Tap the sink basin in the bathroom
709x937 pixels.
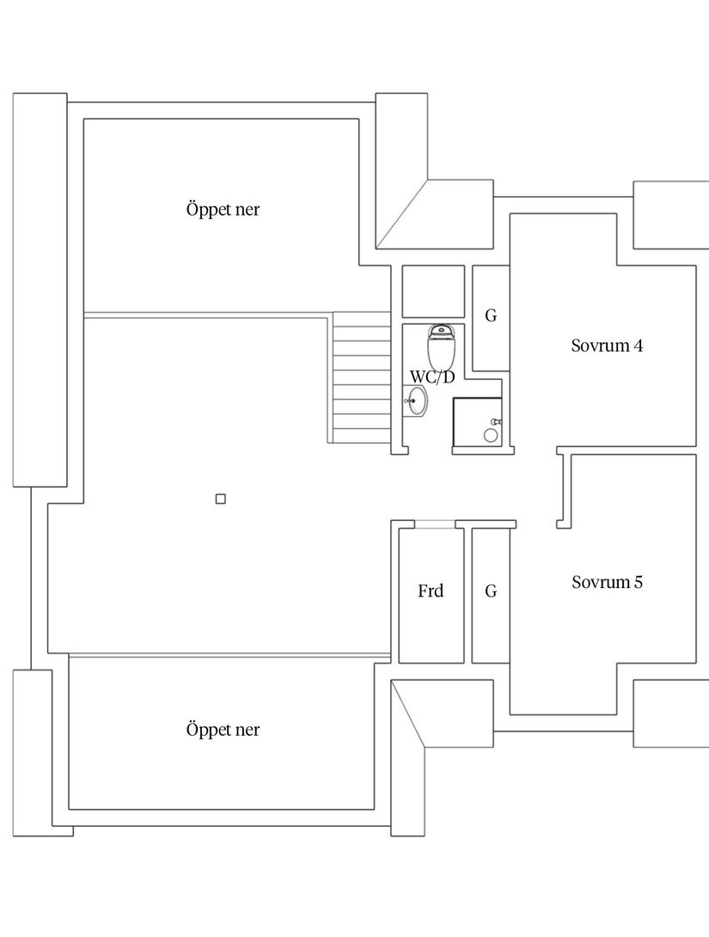point(418,401)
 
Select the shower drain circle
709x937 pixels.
point(491,436)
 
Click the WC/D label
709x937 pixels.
point(432,377)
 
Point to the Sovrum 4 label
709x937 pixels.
point(607,346)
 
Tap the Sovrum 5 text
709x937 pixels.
point(607,582)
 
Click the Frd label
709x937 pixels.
point(431,591)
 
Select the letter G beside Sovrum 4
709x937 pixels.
point(491,315)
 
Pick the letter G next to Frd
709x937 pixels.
point(491,591)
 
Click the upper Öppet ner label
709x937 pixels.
point(223,209)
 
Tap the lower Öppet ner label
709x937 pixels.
point(223,730)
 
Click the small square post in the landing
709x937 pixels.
point(221,499)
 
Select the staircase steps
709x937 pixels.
point(361,378)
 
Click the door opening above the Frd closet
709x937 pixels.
point(435,524)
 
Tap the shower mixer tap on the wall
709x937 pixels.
point(495,422)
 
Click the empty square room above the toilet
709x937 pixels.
point(433,292)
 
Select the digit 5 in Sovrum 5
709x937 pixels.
point(639,582)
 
